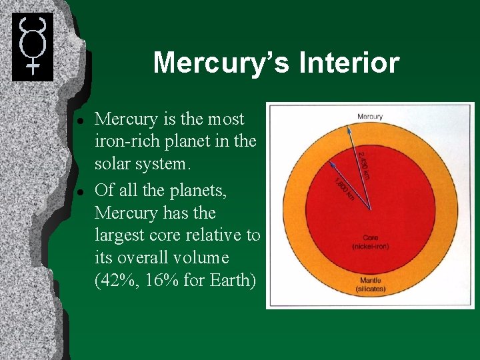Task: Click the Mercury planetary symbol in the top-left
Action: coord(32,46)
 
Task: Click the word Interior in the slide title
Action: coord(350,63)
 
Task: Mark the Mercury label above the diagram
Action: coord(370,117)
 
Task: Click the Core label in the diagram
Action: coord(371,238)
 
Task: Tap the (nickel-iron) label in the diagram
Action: coord(371,247)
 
